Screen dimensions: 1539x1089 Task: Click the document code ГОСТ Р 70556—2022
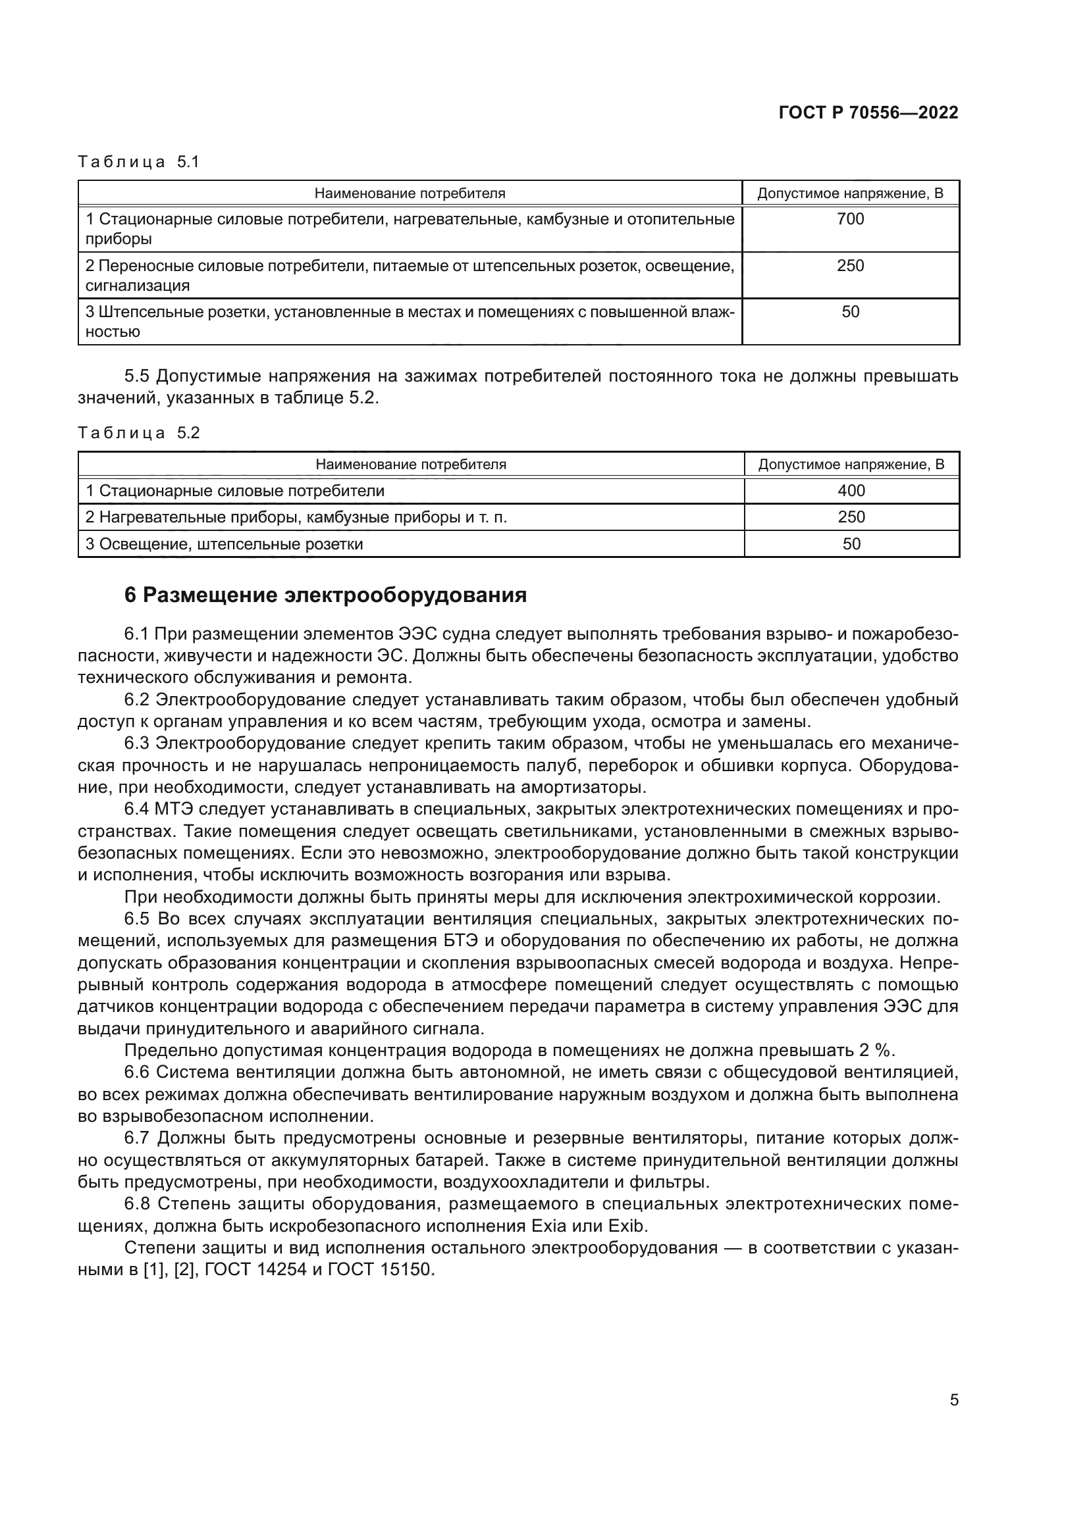click(868, 113)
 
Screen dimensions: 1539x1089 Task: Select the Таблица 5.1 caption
click(139, 162)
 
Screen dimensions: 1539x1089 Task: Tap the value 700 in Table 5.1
click(850, 219)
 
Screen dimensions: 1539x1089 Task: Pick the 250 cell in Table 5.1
click(850, 265)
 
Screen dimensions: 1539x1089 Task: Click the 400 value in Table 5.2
click(851, 491)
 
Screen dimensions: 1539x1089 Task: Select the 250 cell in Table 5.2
click(851, 517)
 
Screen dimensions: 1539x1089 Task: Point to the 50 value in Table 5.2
click(851, 543)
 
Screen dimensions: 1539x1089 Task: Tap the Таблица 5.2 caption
click(139, 432)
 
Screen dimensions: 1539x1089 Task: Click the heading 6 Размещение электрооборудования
click(325, 595)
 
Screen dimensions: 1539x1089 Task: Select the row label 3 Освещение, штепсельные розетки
click(224, 544)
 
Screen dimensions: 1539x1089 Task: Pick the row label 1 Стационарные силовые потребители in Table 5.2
click(234, 491)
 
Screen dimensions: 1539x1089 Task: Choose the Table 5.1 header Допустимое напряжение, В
click(850, 193)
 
